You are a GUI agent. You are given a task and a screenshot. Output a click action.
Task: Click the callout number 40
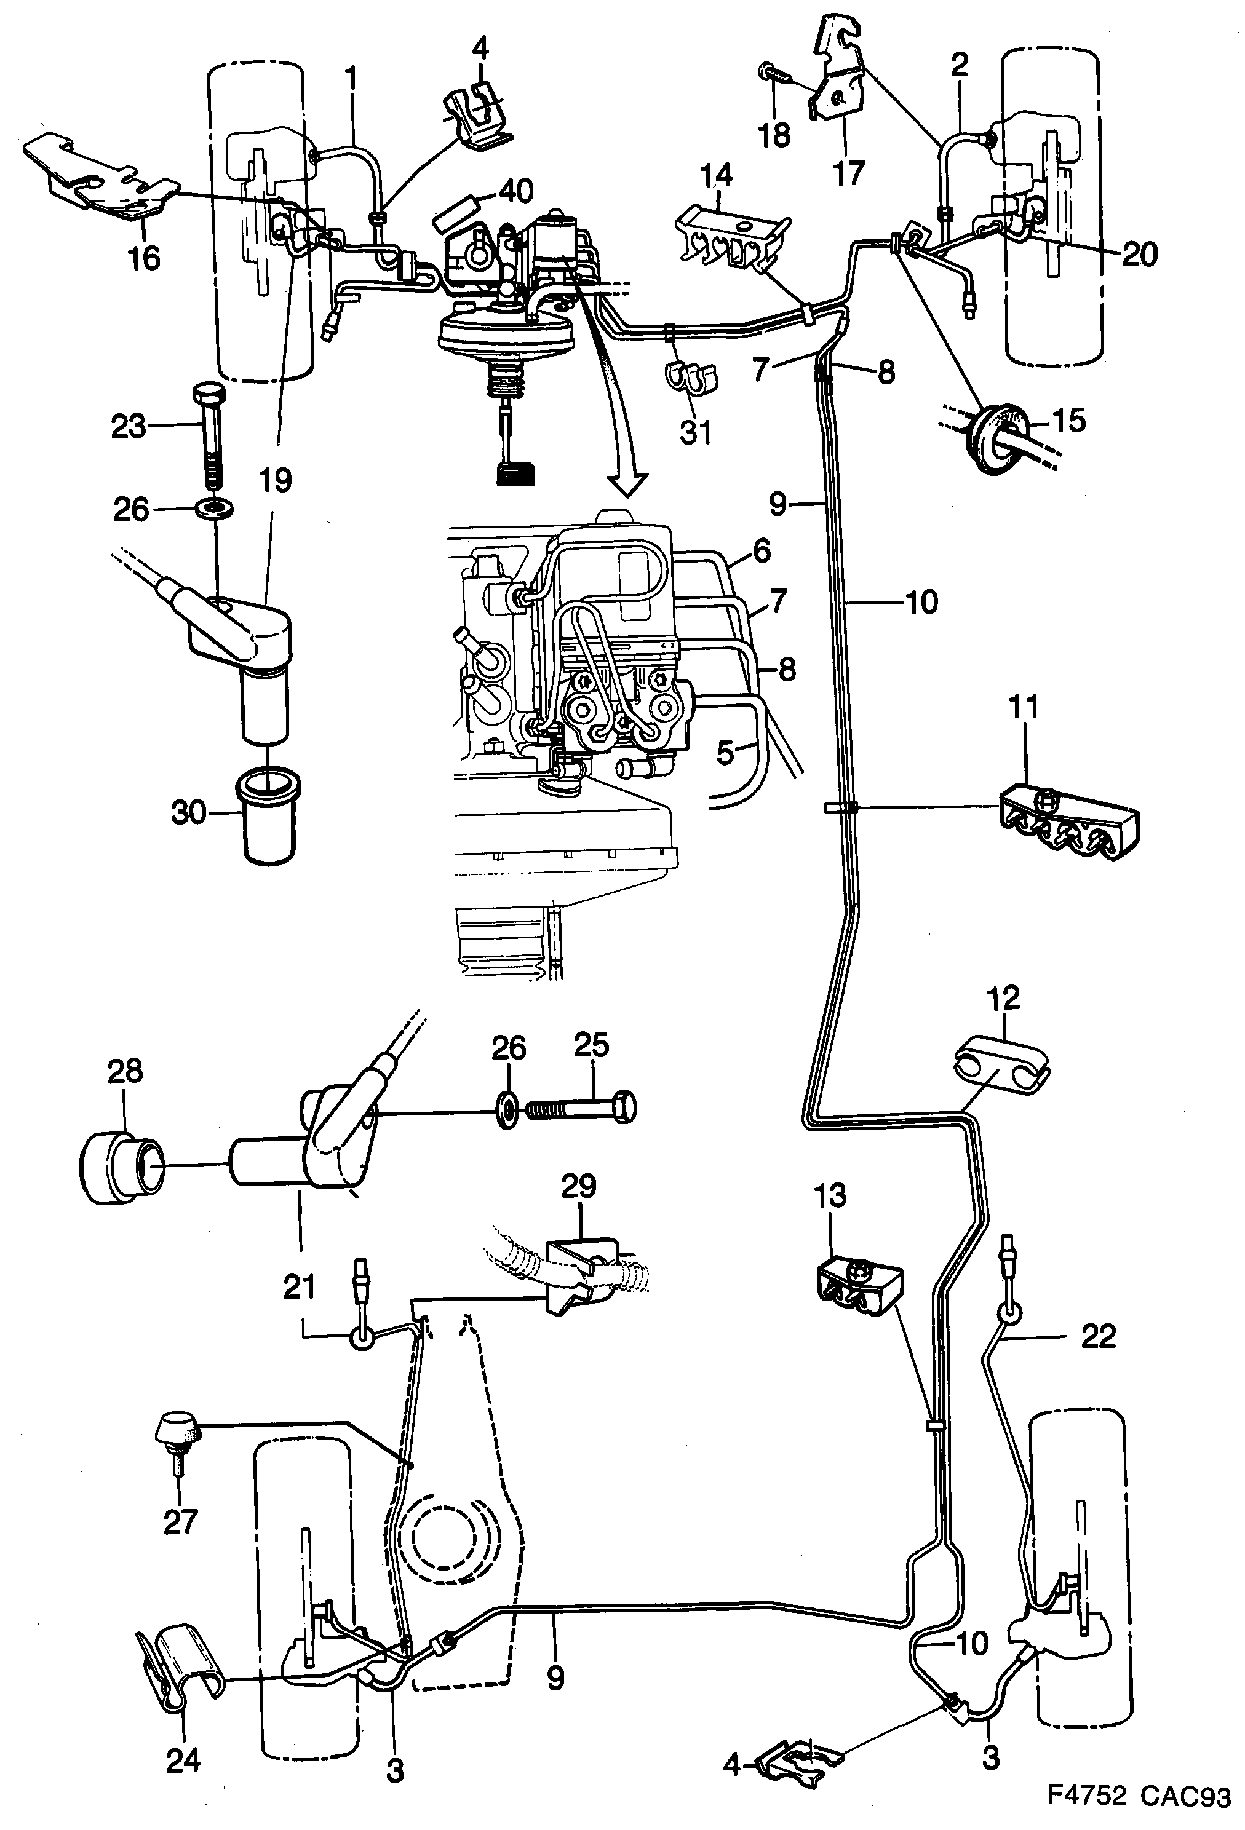516,191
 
